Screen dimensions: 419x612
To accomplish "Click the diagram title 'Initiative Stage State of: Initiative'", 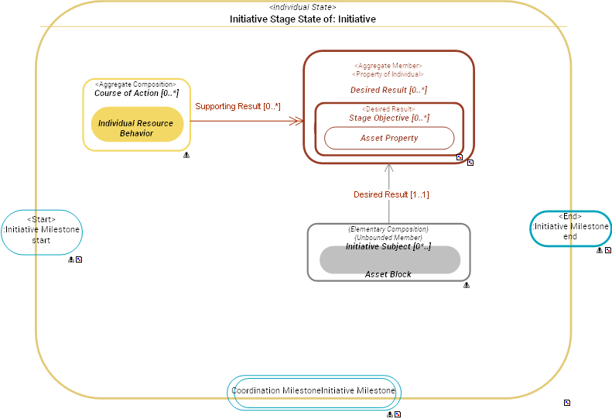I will pyautogui.click(x=303, y=19).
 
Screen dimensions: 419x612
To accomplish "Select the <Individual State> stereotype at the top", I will pyautogui.click(x=303, y=7).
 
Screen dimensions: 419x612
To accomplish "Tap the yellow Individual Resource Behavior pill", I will pyautogui.click(x=136, y=128).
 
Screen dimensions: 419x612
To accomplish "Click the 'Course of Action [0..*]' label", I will pyautogui.click(x=136, y=94).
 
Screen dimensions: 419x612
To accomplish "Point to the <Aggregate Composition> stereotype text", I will pyautogui.click(x=135, y=84).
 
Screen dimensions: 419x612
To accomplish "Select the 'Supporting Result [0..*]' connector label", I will pyautogui.click(x=238, y=106).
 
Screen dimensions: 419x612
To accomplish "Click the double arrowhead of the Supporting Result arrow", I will pyautogui.click(x=296, y=121).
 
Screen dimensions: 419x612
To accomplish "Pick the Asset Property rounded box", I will pyautogui.click(x=388, y=138).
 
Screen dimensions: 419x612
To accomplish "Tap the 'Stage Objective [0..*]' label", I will pyautogui.click(x=388, y=118).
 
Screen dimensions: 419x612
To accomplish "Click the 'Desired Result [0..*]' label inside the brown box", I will pyautogui.click(x=388, y=90).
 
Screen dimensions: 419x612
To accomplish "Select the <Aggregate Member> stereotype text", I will pyautogui.click(x=388, y=66).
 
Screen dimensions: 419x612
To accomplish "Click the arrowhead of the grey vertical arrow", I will pyautogui.click(x=389, y=167).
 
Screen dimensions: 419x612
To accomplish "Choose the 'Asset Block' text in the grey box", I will pyautogui.click(x=388, y=274).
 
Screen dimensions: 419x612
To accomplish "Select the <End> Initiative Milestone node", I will pyautogui.click(x=570, y=227).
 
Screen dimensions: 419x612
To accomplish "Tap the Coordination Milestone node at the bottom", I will pyautogui.click(x=314, y=390).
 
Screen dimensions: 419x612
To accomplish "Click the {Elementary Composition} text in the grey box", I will pyautogui.click(x=388, y=229).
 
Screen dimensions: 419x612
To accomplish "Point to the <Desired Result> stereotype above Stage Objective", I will pyautogui.click(x=388, y=109).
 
